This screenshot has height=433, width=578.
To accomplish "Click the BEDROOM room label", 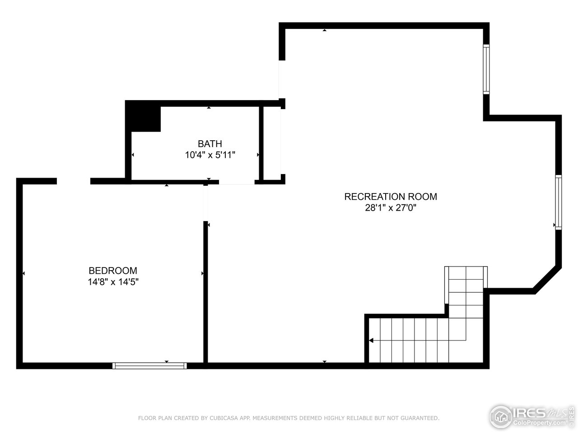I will tap(112, 271).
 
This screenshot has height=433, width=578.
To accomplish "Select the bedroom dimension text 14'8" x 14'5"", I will tap(112, 282).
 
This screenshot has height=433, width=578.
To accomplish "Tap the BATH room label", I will tap(210, 144).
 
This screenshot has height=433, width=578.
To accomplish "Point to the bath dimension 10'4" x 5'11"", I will tap(210, 155).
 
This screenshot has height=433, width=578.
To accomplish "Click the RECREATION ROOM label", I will tap(391, 197).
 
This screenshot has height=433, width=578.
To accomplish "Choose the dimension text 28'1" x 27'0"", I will tap(391, 208).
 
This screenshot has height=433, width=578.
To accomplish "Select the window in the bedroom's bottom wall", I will tap(149, 366).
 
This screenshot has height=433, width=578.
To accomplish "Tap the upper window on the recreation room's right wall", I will tap(486, 69).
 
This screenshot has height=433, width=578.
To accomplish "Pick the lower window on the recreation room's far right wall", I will tap(559, 202).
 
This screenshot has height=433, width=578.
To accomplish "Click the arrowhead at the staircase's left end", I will tap(371, 341).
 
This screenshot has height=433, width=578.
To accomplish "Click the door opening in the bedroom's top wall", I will tap(73, 181).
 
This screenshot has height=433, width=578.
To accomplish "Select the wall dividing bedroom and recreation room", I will tap(205, 293).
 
